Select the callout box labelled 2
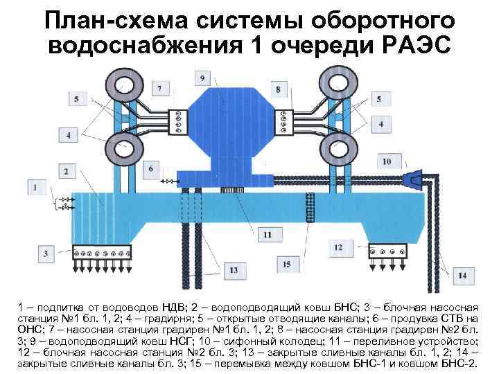click(x=84, y=171)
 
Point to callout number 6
click(x=150, y=169)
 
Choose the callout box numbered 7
click(x=160, y=89)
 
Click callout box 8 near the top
click(x=277, y=89)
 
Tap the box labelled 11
click(x=268, y=235)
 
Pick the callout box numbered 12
click(x=338, y=247)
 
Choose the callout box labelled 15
click(x=287, y=264)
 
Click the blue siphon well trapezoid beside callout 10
click(x=415, y=179)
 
